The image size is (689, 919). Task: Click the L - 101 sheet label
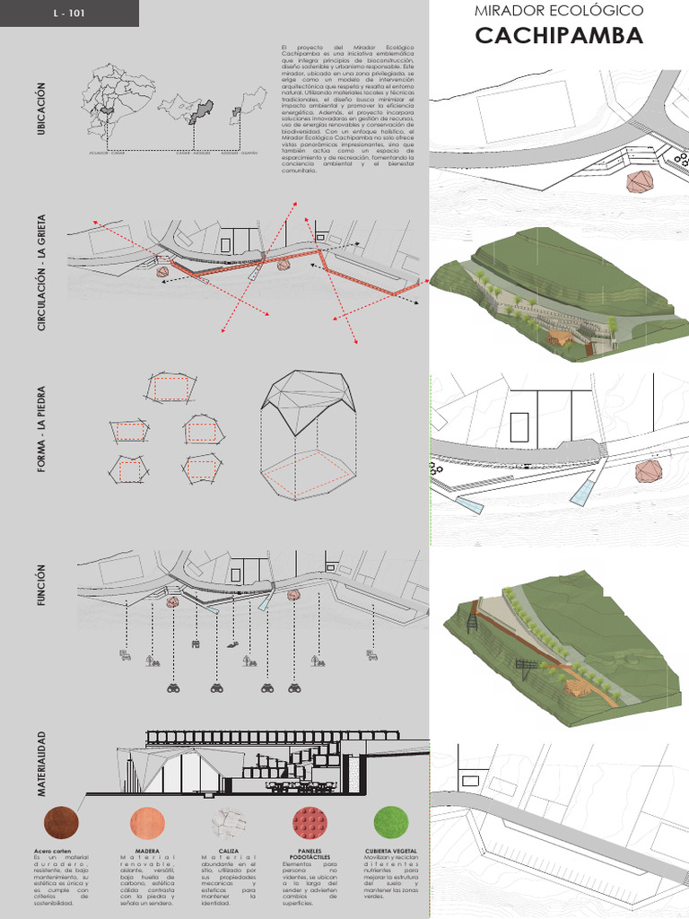(70, 13)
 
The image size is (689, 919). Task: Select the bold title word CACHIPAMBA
(559, 36)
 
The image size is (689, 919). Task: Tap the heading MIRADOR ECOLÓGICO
(559, 11)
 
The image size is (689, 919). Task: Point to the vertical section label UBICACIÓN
(40, 109)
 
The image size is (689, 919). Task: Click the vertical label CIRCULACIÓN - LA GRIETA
(40, 273)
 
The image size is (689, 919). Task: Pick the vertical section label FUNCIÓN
(40, 584)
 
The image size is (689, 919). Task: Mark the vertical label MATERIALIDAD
(40, 764)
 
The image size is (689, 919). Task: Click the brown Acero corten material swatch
(61, 822)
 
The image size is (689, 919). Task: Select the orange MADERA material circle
(147, 822)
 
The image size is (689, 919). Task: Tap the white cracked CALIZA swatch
(228, 822)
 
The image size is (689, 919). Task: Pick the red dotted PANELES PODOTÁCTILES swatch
(310, 822)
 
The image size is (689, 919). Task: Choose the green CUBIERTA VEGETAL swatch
(390, 822)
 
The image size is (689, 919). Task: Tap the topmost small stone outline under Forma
(169, 388)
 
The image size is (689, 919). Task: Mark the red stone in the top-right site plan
(641, 182)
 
